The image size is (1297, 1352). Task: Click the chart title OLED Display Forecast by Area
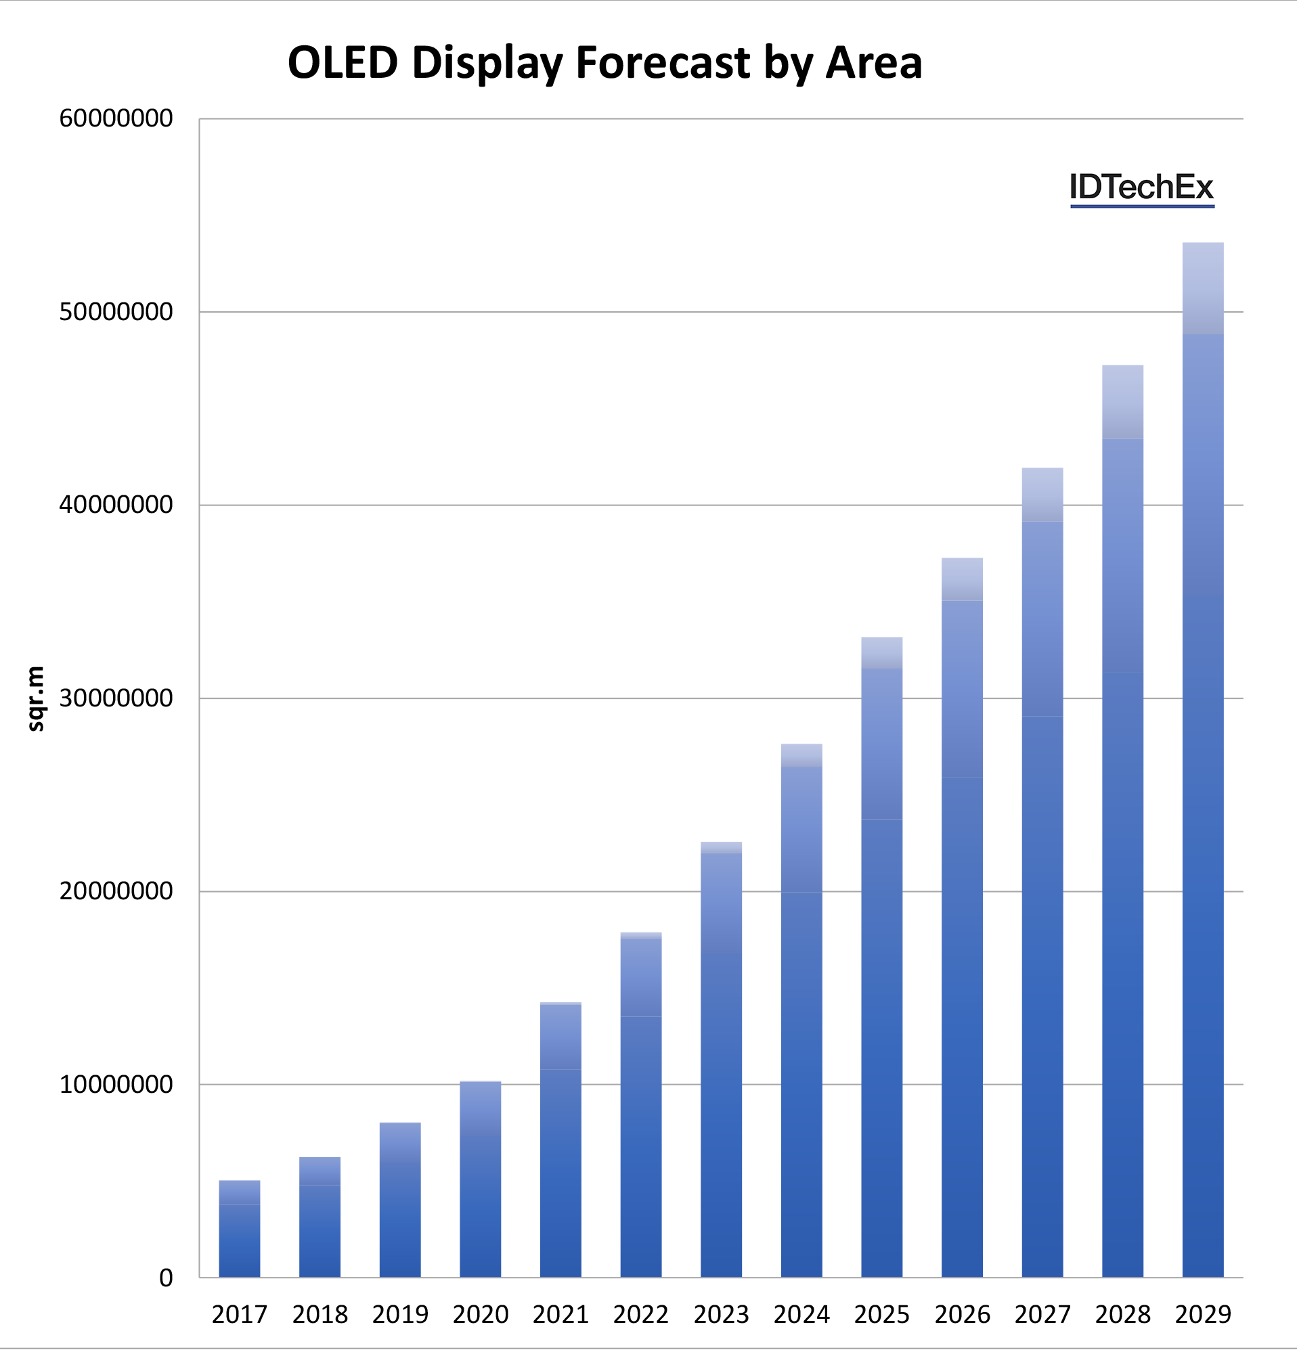604,64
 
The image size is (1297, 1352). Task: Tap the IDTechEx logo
1141,187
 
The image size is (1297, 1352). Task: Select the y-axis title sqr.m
36,698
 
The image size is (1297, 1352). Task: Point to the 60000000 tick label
116,118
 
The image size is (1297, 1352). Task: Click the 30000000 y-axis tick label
116,698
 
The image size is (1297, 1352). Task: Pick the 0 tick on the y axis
166,1278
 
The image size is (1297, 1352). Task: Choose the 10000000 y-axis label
116,1085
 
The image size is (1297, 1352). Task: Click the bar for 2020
480,1179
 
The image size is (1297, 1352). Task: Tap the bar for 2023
721,1062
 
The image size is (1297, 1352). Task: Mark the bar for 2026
962,918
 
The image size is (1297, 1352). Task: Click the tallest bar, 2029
1202,759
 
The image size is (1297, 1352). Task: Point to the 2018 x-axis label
320,1315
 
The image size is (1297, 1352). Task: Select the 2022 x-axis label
641,1315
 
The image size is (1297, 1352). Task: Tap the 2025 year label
881,1315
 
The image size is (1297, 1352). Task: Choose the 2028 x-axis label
1122,1315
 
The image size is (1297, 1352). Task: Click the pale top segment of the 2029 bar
1202,288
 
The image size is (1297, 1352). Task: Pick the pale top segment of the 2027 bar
1042,495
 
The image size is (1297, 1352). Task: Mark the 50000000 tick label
116,312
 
